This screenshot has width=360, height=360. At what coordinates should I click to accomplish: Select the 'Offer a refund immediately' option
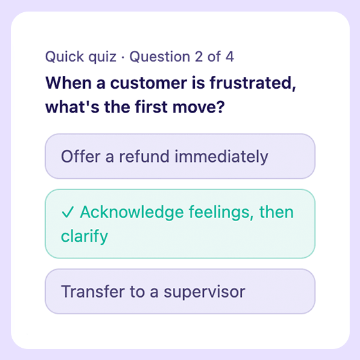pyautogui.click(x=179, y=156)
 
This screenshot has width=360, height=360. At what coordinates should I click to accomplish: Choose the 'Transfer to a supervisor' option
pyautogui.click(x=179, y=291)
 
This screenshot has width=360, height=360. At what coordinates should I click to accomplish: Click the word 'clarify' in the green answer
pyautogui.click(x=84, y=237)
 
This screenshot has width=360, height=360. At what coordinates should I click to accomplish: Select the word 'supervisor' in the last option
pyautogui.click(x=204, y=292)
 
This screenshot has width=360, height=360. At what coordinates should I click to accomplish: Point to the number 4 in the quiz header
pyautogui.click(x=229, y=57)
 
